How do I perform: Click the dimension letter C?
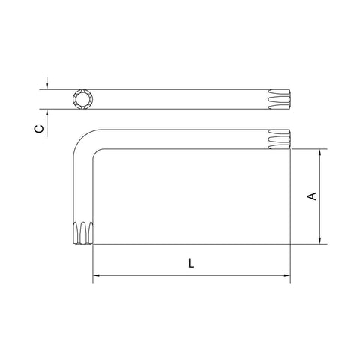[x=39, y=129]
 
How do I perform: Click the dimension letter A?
[x=312, y=196]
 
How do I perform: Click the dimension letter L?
[x=191, y=263]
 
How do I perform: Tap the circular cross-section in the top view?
[x=83, y=99]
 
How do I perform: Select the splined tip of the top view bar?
[x=280, y=99]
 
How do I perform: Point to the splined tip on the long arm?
[x=280, y=139]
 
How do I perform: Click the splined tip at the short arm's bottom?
[x=83, y=232]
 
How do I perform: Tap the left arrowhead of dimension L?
[x=97, y=275]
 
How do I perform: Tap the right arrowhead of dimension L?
[x=286, y=275]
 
